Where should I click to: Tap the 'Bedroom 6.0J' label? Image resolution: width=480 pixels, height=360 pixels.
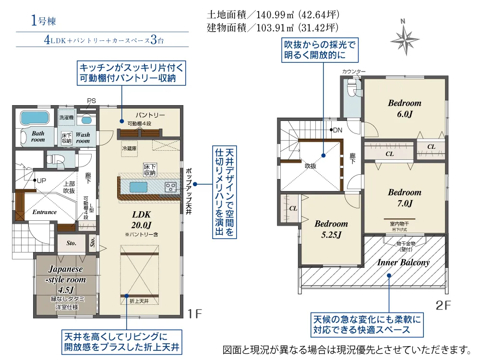[404, 108]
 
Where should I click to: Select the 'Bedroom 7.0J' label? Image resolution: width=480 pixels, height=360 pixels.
[404, 197]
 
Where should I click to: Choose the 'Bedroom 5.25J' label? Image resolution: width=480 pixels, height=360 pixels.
[331, 229]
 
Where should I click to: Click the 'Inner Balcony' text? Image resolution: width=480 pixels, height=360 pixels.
[403, 262]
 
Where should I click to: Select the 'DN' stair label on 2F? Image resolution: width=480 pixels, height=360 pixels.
[337, 130]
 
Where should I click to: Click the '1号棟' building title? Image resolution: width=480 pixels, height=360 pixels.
[44, 21]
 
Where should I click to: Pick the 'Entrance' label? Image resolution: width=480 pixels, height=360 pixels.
[44, 212]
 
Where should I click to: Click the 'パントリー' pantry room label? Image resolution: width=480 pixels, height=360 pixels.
[150, 115]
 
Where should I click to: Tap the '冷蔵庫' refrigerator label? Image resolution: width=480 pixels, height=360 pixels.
[129, 148]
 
